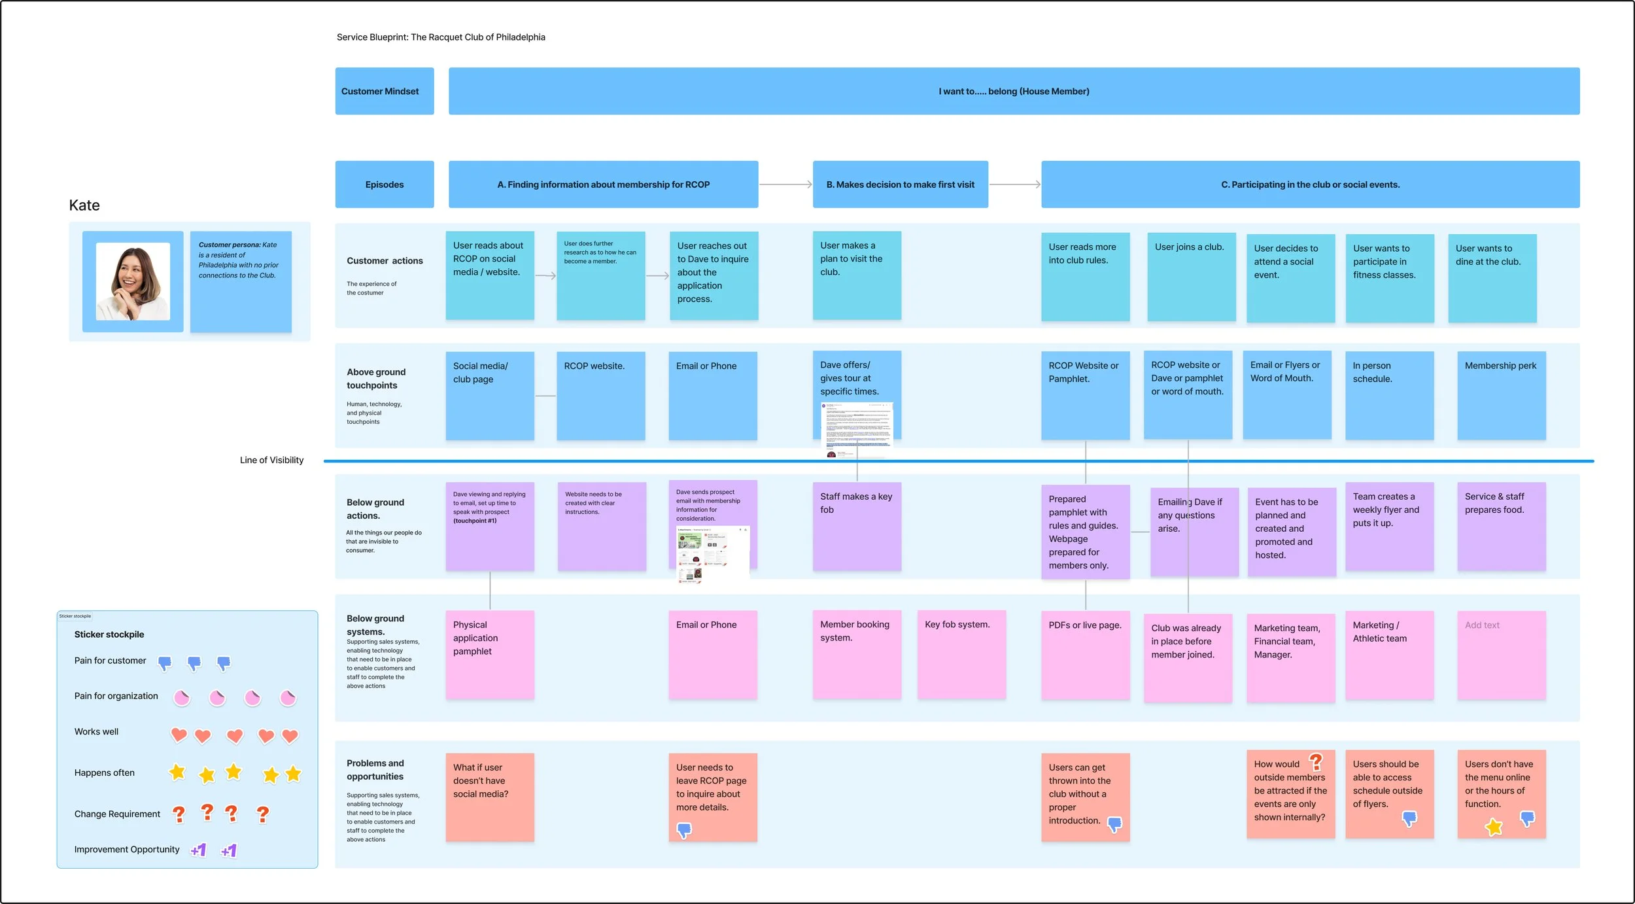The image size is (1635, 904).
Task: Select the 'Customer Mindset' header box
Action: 385,91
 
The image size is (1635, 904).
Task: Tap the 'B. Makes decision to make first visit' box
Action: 900,184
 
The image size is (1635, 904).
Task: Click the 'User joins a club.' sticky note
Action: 1191,277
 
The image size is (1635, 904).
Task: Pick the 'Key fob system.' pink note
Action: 961,654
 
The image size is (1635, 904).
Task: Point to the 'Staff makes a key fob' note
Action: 857,526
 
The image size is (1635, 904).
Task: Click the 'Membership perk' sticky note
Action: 1501,395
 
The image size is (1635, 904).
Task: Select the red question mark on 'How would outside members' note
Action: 1316,761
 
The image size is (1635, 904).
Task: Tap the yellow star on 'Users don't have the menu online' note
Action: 1494,827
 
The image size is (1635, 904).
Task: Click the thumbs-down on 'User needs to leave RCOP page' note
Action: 684,831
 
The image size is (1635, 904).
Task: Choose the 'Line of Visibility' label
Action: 271,460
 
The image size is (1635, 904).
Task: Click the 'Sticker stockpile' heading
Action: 109,635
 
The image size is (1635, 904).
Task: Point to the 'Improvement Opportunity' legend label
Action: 127,849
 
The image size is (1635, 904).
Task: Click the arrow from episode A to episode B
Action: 785,184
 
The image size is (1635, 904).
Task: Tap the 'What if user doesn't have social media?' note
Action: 490,797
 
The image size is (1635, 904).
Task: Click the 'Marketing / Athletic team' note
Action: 1389,655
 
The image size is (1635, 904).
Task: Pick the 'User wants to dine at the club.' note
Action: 1492,278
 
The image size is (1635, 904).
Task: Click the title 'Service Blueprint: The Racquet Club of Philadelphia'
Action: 441,37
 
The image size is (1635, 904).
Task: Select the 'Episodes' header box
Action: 385,184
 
